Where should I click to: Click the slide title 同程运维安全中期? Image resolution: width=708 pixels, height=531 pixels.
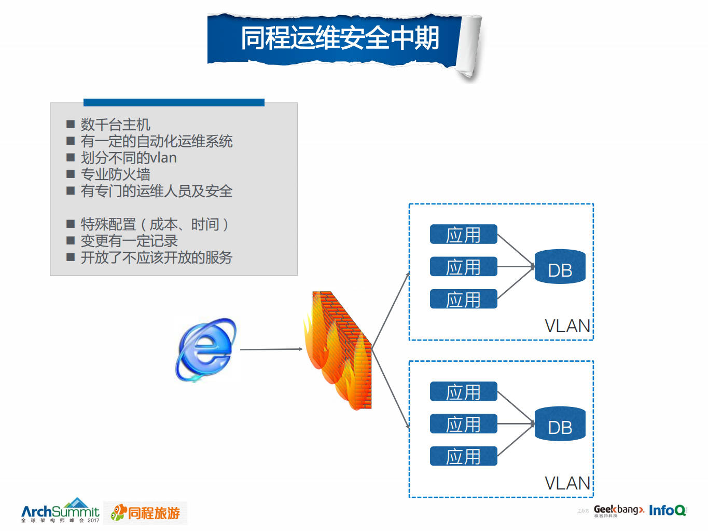(x=340, y=38)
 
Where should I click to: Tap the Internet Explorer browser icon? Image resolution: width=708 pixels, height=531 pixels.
(x=206, y=350)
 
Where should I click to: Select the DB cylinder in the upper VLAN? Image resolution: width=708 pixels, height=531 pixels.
(x=560, y=267)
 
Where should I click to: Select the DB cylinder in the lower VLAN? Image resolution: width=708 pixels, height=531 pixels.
(x=560, y=424)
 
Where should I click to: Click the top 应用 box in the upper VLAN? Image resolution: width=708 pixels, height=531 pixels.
(x=463, y=235)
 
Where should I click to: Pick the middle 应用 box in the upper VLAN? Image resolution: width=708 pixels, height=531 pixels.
(x=463, y=267)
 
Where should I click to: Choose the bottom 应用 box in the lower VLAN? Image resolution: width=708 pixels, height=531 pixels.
(x=463, y=456)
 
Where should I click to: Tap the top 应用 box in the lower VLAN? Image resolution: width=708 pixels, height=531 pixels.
(x=463, y=392)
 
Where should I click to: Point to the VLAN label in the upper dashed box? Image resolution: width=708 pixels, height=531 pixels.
(x=567, y=326)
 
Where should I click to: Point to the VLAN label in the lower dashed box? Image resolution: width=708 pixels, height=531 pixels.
(x=567, y=483)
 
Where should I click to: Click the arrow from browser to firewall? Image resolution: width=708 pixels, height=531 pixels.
(x=271, y=349)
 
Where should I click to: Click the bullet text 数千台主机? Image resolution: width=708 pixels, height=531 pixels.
(x=115, y=125)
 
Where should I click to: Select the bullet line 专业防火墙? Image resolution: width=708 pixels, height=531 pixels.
(x=115, y=174)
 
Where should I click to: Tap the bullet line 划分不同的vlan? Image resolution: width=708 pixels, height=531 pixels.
(x=129, y=158)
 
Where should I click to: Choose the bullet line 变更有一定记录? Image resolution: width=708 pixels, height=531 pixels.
(x=129, y=241)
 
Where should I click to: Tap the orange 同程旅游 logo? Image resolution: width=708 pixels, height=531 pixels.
(x=146, y=513)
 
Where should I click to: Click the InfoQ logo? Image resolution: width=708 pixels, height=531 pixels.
(x=668, y=510)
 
